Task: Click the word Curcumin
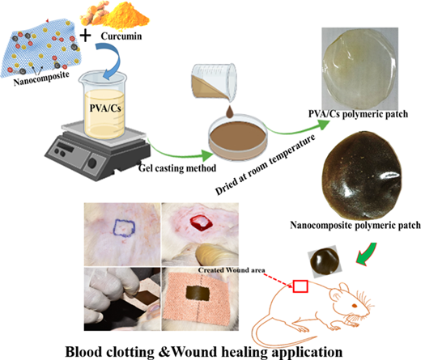pyautogui.click(x=121, y=36)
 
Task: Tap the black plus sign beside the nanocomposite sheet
pyautogui.click(x=86, y=36)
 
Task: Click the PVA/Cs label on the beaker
pyautogui.click(x=105, y=108)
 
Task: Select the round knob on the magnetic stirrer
pyautogui.click(x=92, y=163)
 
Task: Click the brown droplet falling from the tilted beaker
pyautogui.click(x=230, y=112)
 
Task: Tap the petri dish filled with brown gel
pyautogui.click(x=238, y=138)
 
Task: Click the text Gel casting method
pyautogui.click(x=177, y=168)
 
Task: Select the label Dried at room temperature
pyautogui.click(x=265, y=164)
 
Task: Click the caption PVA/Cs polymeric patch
pyautogui.click(x=358, y=114)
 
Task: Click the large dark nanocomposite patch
pyautogui.click(x=361, y=176)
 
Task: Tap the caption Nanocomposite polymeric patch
pyautogui.click(x=355, y=225)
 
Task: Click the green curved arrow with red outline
pyautogui.click(x=366, y=254)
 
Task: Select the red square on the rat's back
pyautogui.click(x=300, y=286)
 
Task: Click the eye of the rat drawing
pyautogui.click(x=354, y=306)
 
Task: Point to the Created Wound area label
pyautogui.click(x=232, y=270)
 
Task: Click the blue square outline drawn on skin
pyautogui.click(x=124, y=228)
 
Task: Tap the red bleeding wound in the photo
pyautogui.click(x=201, y=223)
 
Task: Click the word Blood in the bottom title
pyautogui.click(x=83, y=352)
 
